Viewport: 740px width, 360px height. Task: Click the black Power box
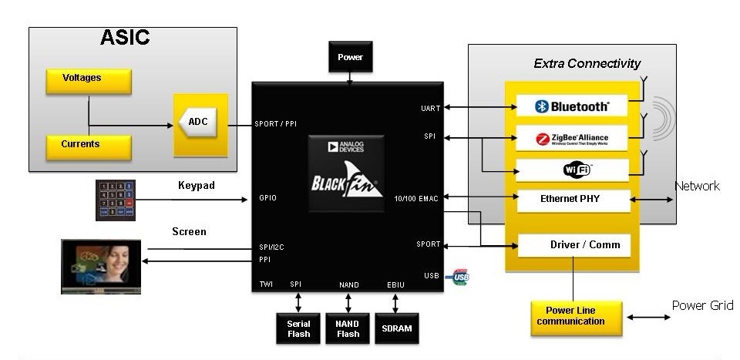coord(350,57)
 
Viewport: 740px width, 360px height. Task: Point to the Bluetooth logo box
coord(572,106)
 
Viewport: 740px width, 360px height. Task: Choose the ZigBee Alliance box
coord(572,139)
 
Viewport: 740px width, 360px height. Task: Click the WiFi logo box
coord(572,169)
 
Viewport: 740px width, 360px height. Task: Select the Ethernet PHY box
coord(573,200)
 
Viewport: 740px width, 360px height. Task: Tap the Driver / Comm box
coord(574,245)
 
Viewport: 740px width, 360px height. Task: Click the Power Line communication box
coord(576,316)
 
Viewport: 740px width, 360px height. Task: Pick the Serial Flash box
coord(298,328)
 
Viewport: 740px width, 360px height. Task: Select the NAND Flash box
coord(348,328)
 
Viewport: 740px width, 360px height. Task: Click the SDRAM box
coord(397,328)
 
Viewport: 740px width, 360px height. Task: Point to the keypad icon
coord(116,200)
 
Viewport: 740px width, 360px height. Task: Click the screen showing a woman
coord(102,266)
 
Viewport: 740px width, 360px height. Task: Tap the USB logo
coord(461,276)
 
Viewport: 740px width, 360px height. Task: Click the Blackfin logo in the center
coord(349,173)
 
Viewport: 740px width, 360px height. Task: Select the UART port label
coord(431,108)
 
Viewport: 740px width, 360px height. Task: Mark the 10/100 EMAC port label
coord(417,199)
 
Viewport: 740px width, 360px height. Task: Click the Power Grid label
coord(702,305)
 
